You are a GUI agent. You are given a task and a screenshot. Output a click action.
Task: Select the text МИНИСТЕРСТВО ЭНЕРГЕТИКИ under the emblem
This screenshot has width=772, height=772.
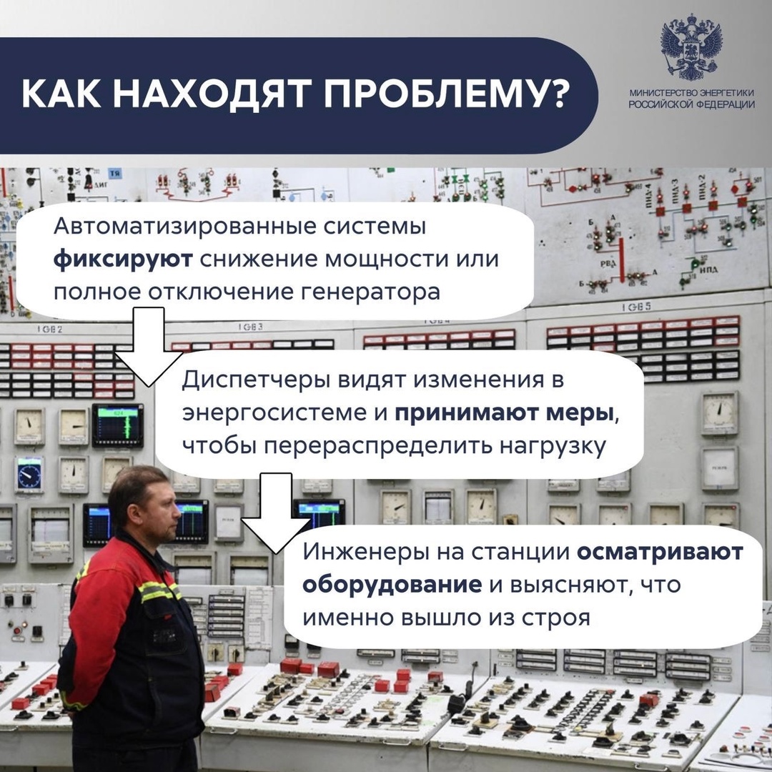[x=691, y=94]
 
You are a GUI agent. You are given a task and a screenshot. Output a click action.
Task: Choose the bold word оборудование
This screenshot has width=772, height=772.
[x=391, y=584]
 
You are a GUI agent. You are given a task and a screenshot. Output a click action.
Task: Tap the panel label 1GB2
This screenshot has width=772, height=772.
[x=50, y=330]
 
